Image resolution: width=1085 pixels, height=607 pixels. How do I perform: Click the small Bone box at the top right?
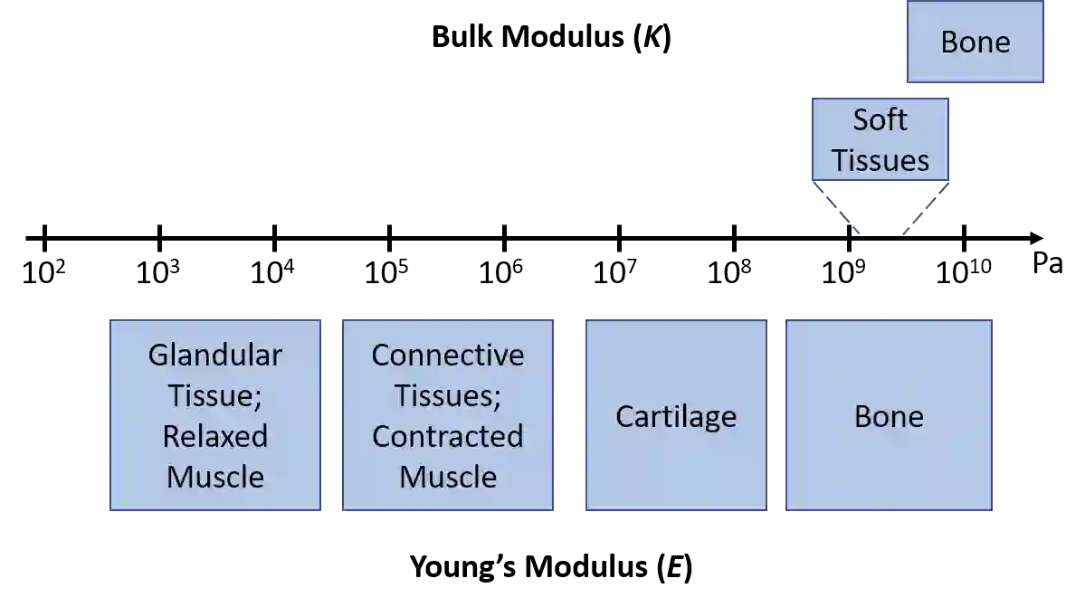tap(976, 43)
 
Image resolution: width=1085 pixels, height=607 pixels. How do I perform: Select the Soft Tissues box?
tap(880, 139)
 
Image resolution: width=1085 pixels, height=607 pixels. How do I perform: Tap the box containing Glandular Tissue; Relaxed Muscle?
tap(215, 415)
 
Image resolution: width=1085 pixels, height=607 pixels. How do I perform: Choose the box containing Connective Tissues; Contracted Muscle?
tap(448, 415)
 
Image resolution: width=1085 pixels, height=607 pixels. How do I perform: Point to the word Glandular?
tap(215, 355)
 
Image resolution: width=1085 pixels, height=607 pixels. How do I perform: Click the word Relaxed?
tap(215, 436)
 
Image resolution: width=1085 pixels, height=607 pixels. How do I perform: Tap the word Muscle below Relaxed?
tap(215, 477)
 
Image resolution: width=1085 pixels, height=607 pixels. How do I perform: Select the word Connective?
tap(448, 355)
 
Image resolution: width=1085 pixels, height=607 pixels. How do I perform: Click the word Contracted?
tap(448, 436)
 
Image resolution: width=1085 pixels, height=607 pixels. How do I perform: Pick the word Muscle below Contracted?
tap(448, 477)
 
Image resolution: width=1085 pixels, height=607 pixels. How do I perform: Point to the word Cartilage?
tap(676, 416)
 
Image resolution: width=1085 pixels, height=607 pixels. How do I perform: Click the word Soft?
tap(880, 119)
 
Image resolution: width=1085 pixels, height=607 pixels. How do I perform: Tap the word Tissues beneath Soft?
tap(880, 160)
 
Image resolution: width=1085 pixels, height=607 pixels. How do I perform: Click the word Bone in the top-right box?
tap(976, 43)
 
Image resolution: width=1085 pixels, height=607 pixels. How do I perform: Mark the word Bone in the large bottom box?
tap(889, 416)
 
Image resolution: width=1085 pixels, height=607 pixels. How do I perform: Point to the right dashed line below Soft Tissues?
tap(926, 209)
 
